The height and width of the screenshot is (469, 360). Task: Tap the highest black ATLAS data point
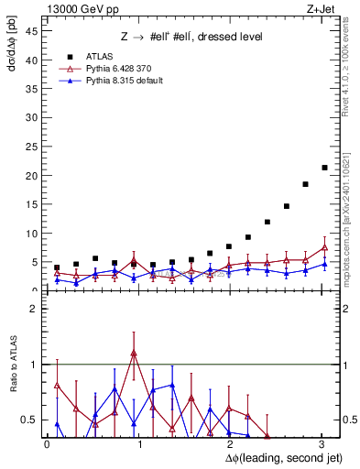(x=324, y=168)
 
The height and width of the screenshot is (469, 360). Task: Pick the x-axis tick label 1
(x=137, y=443)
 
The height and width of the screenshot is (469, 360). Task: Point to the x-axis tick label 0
(x=47, y=443)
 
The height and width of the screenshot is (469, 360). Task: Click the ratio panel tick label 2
(x=32, y=309)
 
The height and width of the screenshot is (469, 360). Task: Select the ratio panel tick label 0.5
(x=28, y=420)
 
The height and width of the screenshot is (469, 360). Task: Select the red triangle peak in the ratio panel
(x=134, y=353)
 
